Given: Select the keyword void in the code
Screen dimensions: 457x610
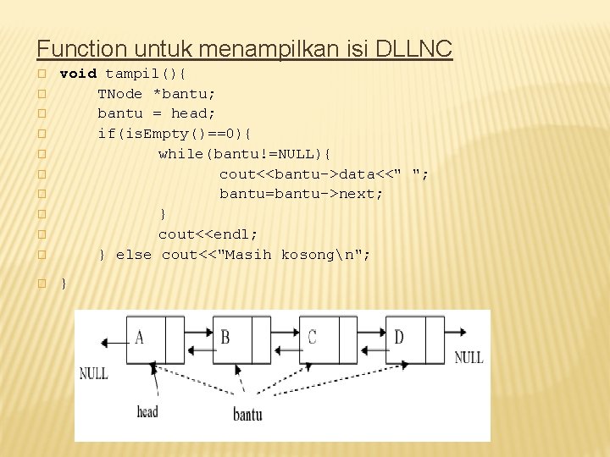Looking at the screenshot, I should [x=78, y=74].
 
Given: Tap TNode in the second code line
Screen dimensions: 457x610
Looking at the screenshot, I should [x=120, y=94].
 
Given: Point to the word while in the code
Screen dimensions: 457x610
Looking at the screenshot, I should [x=180, y=153].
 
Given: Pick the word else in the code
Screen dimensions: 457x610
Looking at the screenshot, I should [x=134, y=255].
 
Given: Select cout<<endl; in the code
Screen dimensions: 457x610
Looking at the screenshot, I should [x=208, y=234].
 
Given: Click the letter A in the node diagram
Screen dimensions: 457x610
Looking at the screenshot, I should [x=140, y=338].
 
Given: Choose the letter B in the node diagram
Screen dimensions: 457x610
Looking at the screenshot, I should [x=225, y=338].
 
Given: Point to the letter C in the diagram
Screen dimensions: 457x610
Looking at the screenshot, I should [x=312, y=338].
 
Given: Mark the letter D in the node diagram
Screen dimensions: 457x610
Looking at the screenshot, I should [x=398, y=338].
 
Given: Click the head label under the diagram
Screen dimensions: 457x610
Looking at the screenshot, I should [x=147, y=412].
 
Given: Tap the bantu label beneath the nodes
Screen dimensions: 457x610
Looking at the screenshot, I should [x=247, y=414].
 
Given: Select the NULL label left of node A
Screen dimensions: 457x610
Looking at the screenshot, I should [x=93, y=373].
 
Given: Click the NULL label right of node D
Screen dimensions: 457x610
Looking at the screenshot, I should [x=469, y=357].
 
